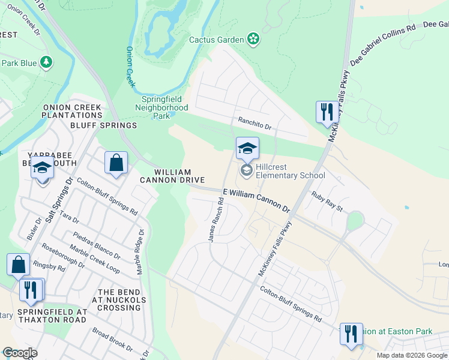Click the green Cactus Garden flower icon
point(254,40)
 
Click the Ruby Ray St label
point(327,201)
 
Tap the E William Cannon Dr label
point(256,200)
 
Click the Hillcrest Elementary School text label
point(290,171)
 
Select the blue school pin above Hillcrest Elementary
point(247,148)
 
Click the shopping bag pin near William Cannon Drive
point(116,163)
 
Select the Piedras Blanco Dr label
point(97,246)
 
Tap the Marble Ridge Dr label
point(140,252)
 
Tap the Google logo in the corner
point(20,353)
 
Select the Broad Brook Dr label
point(112,339)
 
